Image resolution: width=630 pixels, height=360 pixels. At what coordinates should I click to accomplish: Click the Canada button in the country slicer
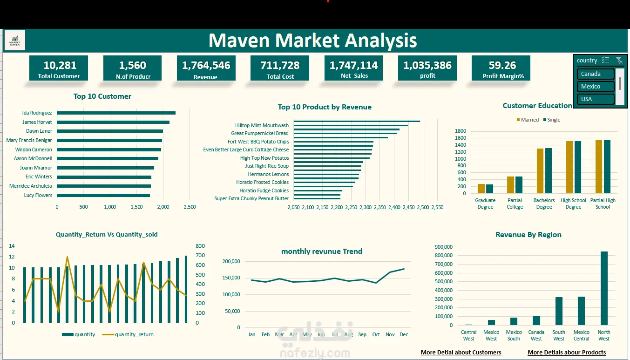pyautogui.click(x=596, y=74)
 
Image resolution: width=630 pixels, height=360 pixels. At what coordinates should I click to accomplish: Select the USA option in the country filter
pyautogui.click(x=596, y=99)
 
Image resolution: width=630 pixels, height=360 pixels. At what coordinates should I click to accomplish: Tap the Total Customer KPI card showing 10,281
pyautogui.click(x=59, y=68)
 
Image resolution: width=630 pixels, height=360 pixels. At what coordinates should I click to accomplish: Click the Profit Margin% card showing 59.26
pyautogui.click(x=501, y=68)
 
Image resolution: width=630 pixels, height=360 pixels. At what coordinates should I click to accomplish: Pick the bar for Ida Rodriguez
pyautogui.click(x=116, y=113)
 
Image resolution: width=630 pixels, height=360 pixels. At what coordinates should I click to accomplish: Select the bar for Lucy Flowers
pyautogui.click(x=103, y=195)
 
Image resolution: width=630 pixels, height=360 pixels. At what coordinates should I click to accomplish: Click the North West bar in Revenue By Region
pyautogui.click(x=604, y=288)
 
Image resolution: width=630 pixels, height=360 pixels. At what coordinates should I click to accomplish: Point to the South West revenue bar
pyautogui.click(x=559, y=311)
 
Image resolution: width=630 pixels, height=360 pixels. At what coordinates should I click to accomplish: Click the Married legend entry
pyautogui.click(x=528, y=120)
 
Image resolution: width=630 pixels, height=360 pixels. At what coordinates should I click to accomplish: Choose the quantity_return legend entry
pyautogui.click(x=128, y=334)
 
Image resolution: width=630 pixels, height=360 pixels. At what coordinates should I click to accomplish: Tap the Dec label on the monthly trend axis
pyautogui.click(x=404, y=334)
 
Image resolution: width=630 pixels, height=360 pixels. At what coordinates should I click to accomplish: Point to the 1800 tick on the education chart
pyautogui.click(x=461, y=131)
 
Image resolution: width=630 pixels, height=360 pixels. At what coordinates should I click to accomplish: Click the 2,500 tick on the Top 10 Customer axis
pyautogui.click(x=190, y=207)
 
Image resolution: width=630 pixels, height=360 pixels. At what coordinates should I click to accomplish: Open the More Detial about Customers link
pyautogui.click(x=461, y=353)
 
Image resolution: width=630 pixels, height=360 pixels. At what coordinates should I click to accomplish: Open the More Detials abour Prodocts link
pyautogui.click(x=567, y=353)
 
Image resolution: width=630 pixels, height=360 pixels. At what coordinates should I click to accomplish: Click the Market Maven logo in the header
pyautogui.click(x=15, y=40)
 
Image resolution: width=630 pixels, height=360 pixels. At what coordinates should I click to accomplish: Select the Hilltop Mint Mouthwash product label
pyautogui.click(x=262, y=125)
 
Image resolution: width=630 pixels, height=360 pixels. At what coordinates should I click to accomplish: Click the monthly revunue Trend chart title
pyautogui.click(x=322, y=251)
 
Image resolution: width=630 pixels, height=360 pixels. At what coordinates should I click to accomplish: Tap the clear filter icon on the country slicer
pyautogui.click(x=619, y=60)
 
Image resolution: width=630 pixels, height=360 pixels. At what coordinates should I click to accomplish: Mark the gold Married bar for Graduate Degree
pyautogui.click(x=481, y=189)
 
